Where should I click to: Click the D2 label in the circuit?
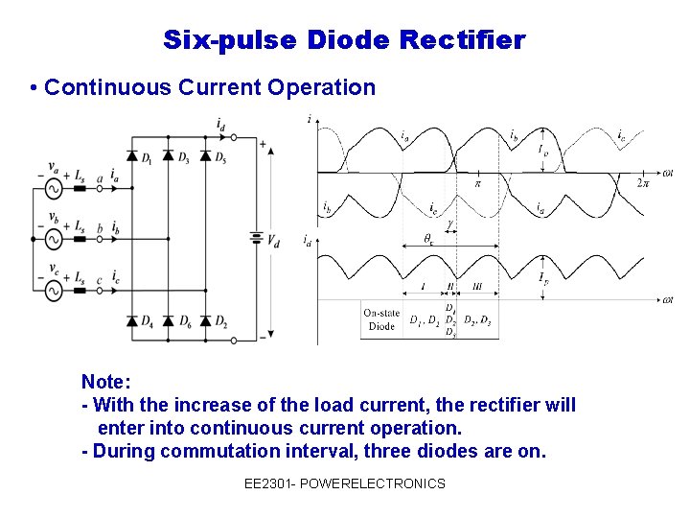tap(220, 319)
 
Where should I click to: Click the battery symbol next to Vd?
tap(256, 236)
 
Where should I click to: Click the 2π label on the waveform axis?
tap(643, 182)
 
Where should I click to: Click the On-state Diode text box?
tap(381, 319)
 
